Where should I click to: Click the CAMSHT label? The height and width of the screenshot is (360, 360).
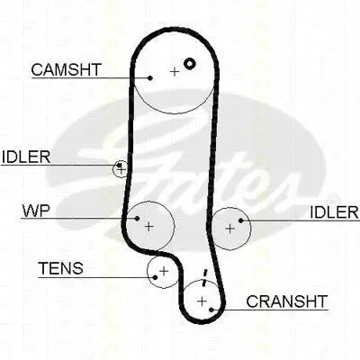click(67, 69)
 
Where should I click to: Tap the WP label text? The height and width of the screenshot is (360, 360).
click(36, 211)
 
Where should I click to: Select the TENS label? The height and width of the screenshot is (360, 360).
click(61, 268)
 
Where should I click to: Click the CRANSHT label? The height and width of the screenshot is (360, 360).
click(286, 301)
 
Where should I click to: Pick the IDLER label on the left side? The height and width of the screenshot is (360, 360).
click(26, 157)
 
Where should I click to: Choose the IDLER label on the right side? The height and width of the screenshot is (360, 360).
click(334, 212)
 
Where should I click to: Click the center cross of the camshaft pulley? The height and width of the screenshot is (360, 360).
click(175, 72)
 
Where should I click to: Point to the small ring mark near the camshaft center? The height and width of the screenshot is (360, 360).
click(190, 63)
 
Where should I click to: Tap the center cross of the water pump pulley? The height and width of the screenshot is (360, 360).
click(148, 226)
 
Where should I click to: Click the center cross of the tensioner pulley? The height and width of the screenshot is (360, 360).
click(164, 271)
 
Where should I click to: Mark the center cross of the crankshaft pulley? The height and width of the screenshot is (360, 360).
click(202, 301)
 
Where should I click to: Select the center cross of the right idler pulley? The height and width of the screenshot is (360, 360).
click(229, 229)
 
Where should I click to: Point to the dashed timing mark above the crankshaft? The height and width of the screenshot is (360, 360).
click(204, 278)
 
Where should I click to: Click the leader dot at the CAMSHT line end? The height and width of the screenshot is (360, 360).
click(150, 78)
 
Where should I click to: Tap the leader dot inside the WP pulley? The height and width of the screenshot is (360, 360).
click(137, 218)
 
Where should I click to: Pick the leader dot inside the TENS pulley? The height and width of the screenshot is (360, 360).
click(155, 277)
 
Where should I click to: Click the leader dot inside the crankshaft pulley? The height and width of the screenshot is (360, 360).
click(211, 310)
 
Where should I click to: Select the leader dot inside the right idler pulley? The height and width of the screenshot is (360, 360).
click(240, 220)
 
